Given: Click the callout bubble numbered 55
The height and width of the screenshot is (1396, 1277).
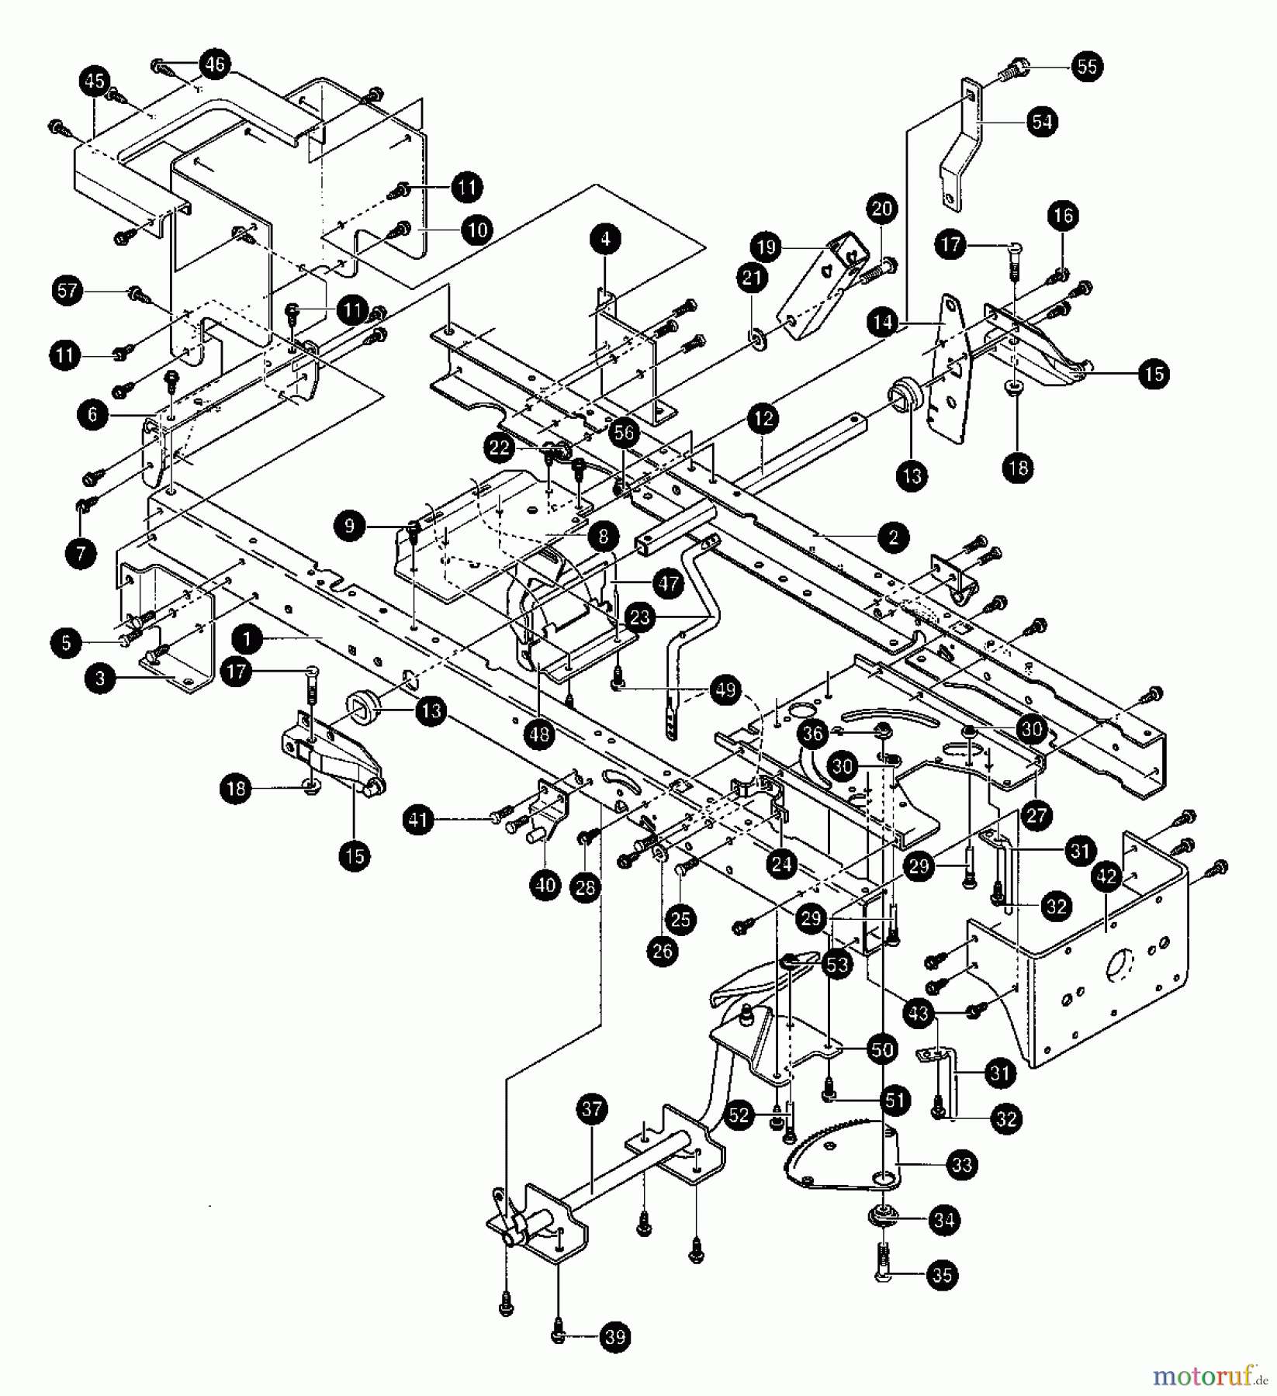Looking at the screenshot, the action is point(1088,67).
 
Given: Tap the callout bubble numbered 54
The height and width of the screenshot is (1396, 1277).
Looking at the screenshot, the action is point(1043,122).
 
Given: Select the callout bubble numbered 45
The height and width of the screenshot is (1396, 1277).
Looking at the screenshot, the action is point(95,80).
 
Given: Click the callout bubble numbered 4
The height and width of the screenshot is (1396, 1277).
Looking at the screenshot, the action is point(605,240).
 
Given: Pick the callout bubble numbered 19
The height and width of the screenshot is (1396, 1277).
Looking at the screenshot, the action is point(767,248).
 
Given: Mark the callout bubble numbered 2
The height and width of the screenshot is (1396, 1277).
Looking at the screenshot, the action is point(894,537).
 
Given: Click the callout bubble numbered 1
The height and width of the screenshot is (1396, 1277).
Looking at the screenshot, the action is point(247,640).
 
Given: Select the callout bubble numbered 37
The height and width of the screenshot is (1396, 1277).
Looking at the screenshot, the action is point(592,1110).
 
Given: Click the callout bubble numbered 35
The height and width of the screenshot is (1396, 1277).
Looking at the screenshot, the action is point(942,1276).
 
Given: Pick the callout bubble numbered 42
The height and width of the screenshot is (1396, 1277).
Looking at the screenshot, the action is point(1107,876).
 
